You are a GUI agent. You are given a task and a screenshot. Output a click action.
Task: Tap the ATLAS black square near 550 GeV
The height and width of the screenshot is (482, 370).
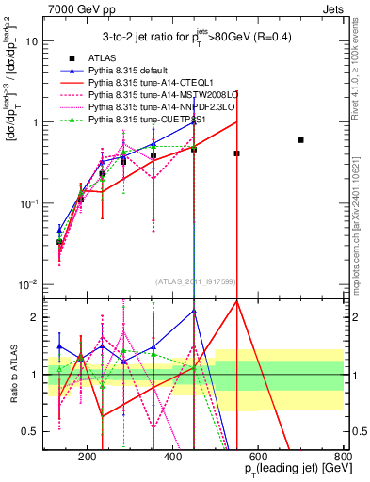(236, 153)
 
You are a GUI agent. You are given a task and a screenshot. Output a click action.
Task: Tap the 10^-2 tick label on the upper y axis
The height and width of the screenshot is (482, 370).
(29, 284)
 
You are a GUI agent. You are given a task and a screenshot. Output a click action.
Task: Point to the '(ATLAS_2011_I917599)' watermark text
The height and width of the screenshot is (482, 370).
(195, 281)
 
